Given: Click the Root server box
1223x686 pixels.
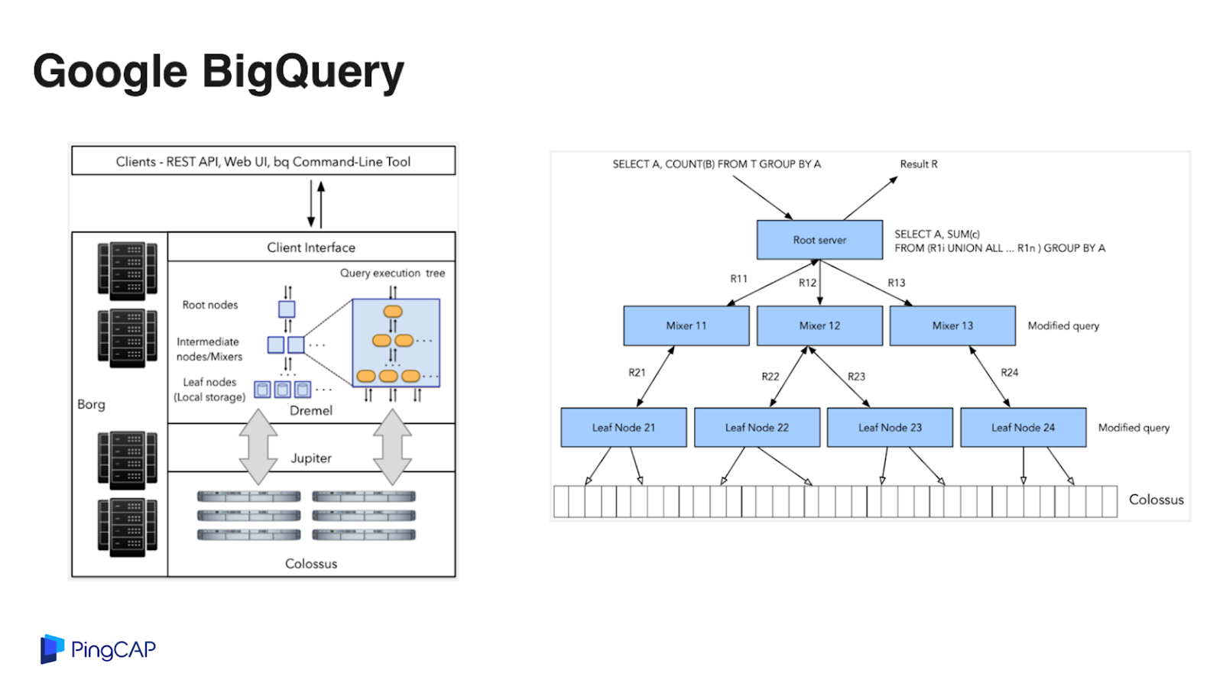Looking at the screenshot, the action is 819,240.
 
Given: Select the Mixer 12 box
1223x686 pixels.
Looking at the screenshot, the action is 819,325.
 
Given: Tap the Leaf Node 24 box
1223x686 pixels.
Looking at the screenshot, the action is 1023,427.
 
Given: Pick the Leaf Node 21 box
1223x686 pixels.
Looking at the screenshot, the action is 624,427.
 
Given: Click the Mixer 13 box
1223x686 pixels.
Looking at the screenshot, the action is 952,325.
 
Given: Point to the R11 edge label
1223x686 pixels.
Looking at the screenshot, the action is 738,279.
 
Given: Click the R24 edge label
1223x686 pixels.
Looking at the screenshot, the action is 1010,373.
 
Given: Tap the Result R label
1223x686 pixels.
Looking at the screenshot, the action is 919,164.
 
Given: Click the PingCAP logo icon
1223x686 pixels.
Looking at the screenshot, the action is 52,649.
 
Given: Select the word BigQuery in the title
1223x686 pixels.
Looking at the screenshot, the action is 303,72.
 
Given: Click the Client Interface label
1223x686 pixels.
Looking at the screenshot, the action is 311,248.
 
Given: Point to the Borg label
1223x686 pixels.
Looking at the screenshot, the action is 91,404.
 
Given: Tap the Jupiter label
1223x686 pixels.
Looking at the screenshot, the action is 311,458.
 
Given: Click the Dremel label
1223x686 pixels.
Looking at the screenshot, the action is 310,410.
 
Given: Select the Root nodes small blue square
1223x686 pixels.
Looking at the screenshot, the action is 287,309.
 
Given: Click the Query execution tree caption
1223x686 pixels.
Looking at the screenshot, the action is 393,273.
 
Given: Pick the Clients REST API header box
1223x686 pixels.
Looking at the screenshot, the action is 263,160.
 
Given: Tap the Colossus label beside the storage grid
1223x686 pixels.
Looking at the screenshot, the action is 1156,500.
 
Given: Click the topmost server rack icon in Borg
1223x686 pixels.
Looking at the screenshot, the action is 128,270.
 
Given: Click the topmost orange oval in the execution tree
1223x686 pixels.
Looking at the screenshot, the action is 393,312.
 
